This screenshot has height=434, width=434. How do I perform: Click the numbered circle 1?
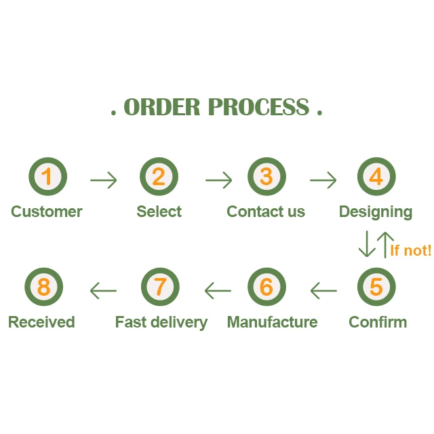click(x=47, y=178)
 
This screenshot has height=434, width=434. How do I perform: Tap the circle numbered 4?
click(x=376, y=178)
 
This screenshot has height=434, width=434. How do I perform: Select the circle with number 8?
click(x=43, y=287)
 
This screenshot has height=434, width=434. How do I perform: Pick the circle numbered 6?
click(x=267, y=287)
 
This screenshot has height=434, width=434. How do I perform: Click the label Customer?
click(x=46, y=212)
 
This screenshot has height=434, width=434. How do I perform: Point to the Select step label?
click(x=159, y=212)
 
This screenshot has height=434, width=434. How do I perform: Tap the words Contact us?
click(x=266, y=212)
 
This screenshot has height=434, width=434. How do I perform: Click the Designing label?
click(x=376, y=212)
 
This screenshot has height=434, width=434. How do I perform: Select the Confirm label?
click(x=378, y=322)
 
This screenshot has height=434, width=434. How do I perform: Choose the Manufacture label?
click(x=272, y=322)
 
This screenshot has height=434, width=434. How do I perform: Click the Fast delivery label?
click(x=161, y=322)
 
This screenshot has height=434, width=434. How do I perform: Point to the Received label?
click(x=41, y=322)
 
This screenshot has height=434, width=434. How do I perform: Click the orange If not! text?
click(x=410, y=250)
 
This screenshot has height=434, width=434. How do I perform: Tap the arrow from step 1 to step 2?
click(x=103, y=180)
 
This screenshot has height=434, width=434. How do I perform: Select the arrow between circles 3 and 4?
click(x=323, y=180)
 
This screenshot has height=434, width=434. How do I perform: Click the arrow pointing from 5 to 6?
click(x=323, y=291)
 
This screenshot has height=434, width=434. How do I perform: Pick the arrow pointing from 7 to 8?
click(x=103, y=291)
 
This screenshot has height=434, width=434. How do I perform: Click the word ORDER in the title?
click(x=162, y=107)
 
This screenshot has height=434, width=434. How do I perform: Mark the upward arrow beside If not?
click(x=384, y=244)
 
